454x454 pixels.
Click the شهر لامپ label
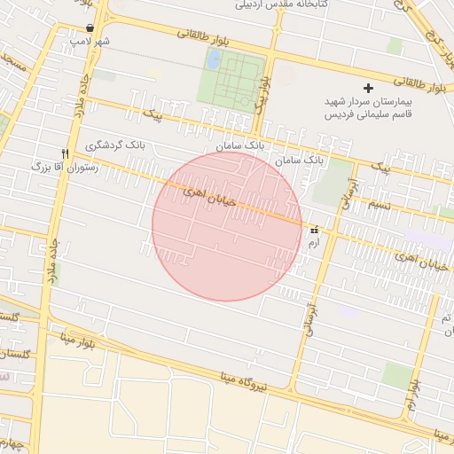pyautogui.click(x=91, y=42)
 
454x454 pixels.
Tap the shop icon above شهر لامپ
pyautogui.click(x=90, y=28)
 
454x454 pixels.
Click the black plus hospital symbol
pyautogui.click(x=369, y=88)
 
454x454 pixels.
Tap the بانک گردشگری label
pyautogui.click(x=118, y=144)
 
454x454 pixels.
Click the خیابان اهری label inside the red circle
pyautogui.click(x=209, y=197)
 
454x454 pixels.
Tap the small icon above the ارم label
pyautogui.click(x=314, y=229)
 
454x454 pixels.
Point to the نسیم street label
pyautogui.click(x=380, y=204)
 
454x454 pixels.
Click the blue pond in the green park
pyautogui.click(x=214, y=59)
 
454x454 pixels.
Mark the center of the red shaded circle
pyautogui.click(x=227, y=226)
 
